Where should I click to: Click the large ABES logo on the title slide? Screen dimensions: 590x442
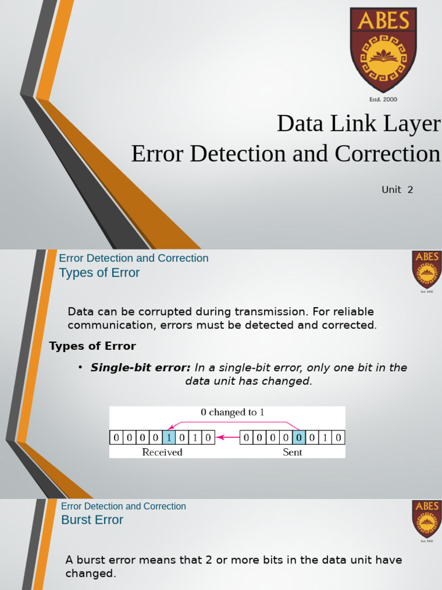[x=383, y=50]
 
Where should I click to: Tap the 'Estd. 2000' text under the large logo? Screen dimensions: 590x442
[x=383, y=100]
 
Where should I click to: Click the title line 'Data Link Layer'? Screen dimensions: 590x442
[x=359, y=123]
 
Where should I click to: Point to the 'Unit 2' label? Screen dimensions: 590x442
[x=397, y=190]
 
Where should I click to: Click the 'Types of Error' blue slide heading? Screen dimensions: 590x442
[x=100, y=273]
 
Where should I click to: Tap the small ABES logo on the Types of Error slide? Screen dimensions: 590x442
[x=426, y=269]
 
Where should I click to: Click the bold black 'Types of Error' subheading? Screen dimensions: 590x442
[x=93, y=346]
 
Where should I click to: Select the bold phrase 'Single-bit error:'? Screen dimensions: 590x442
[x=140, y=368]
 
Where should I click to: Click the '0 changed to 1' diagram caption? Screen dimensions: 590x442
[x=233, y=413]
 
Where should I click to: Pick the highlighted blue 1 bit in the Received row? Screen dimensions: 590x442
[x=169, y=438]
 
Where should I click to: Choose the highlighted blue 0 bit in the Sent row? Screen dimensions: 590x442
[x=299, y=438]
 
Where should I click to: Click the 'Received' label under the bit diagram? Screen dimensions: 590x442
[x=162, y=452]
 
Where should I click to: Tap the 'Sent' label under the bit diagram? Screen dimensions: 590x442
[x=292, y=452]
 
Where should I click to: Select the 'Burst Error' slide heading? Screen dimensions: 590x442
[x=92, y=520]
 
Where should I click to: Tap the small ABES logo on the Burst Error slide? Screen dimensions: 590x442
[x=426, y=519]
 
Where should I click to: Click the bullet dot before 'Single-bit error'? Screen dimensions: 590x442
[x=81, y=368]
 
